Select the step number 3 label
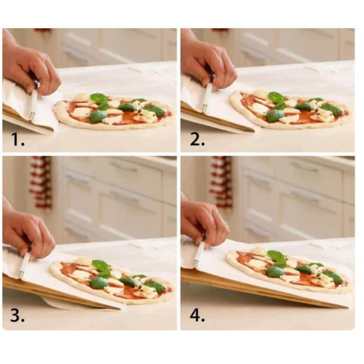(17, 315)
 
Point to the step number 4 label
(197, 315)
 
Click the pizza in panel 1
(114, 111)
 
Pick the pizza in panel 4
(289, 270)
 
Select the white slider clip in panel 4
(199, 254)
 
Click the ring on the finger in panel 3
(53, 237)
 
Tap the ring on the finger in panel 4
(226, 223)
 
